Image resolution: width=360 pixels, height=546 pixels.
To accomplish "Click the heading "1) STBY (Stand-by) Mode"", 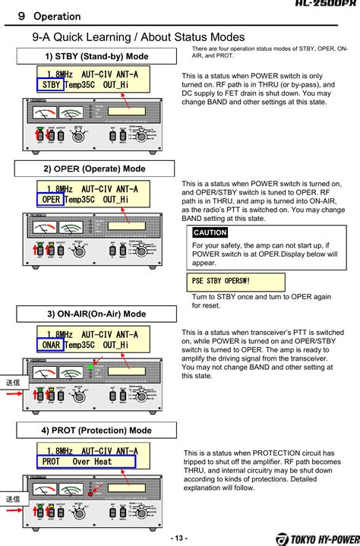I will point(96,57).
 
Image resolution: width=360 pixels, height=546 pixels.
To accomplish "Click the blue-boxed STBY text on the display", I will point(50,85).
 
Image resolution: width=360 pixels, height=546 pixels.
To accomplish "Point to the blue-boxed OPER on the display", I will point(50,200).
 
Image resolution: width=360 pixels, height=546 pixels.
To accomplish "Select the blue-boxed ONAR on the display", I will point(50,345).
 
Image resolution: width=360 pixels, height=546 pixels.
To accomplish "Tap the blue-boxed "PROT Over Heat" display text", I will point(86,461).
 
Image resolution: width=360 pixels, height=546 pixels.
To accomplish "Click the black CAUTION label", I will point(210,232).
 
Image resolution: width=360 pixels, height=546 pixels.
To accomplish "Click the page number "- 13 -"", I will point(179,538).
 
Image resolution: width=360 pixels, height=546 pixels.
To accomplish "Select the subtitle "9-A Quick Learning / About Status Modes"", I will point(127,36).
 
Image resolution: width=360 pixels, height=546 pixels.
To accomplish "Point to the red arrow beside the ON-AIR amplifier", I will point(24,393).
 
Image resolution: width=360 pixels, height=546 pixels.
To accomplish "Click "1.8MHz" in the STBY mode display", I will point(59,74).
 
